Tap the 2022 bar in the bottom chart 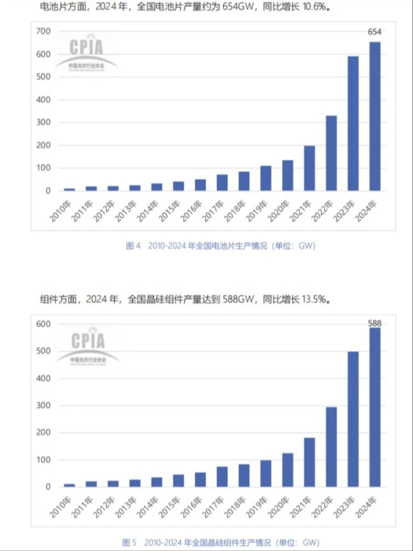click(332, 447)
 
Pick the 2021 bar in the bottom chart click(310, 462)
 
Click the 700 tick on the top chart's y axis click(42, 31)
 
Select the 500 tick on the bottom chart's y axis click(42, 352)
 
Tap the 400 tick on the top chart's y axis click(42, 100)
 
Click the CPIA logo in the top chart click(93, 51)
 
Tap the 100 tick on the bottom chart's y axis click(42, 460)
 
